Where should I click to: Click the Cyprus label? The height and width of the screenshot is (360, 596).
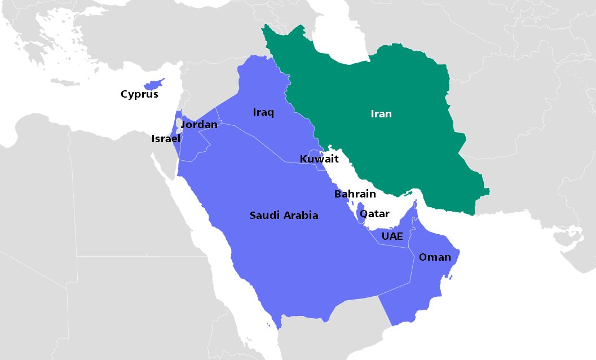[x=139, y=94]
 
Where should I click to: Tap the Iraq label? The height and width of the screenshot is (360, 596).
[x=263, y=113]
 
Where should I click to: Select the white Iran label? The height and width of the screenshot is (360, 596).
[x=381, y=114]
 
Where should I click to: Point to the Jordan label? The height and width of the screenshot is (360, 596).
[x=199, y=124]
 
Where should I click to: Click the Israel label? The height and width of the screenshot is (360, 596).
[x=166, y=138]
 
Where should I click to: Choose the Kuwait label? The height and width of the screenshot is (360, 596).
[x=319, y=159]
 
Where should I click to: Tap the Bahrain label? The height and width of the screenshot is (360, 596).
[x=355, y=194]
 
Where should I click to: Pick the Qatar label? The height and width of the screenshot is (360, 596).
[x=374, y=214]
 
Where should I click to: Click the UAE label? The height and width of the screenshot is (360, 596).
[x=392, y=236]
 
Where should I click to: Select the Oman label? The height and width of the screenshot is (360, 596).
[x=435, y=257]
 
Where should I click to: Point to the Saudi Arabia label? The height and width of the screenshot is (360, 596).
[x=284, y=215]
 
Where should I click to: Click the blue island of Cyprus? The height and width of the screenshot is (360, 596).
[x=153, y=84]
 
